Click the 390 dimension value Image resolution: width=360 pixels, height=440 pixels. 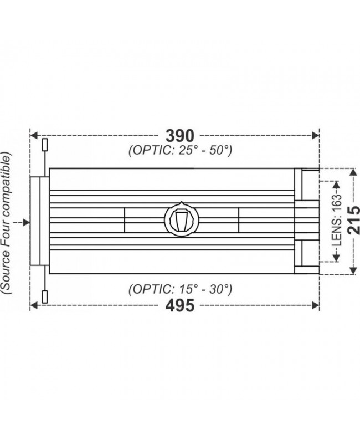(x=179, y=135)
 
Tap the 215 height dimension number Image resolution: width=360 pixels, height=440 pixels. (x=353, y=221)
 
